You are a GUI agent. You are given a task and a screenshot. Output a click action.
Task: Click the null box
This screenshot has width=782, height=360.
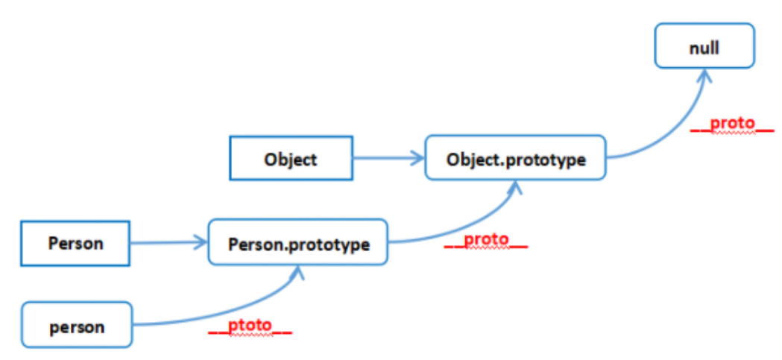click(x=704, y=45)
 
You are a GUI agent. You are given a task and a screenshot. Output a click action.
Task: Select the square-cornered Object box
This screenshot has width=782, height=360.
click(x=291, y=158)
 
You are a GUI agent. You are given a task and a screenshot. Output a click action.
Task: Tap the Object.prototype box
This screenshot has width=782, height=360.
click(x=516, y=157)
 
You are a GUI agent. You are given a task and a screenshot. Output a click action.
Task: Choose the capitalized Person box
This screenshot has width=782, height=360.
click(x=75, y=243)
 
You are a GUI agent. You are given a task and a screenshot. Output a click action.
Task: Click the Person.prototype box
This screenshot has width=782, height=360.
click(x=297, y=241)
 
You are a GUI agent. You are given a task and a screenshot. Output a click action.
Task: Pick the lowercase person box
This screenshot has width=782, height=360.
click(x=77, y=325)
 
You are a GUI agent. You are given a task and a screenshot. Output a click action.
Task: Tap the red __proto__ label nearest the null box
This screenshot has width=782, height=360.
click(x=732, y=124)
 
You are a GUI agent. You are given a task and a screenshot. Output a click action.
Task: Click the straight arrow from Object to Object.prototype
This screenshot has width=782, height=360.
click(x=388, y=159)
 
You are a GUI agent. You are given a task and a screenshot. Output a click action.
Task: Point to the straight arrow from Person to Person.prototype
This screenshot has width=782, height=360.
click(x=168, y=243)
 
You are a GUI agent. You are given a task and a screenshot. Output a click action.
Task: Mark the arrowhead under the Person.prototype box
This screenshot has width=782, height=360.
click(x=299, y=272)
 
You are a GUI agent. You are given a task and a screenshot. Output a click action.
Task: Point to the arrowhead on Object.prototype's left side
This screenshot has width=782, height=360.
click(x=417, y=159)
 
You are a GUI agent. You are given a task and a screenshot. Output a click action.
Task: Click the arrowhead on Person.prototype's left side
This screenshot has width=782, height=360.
click(x=200, y=243)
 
